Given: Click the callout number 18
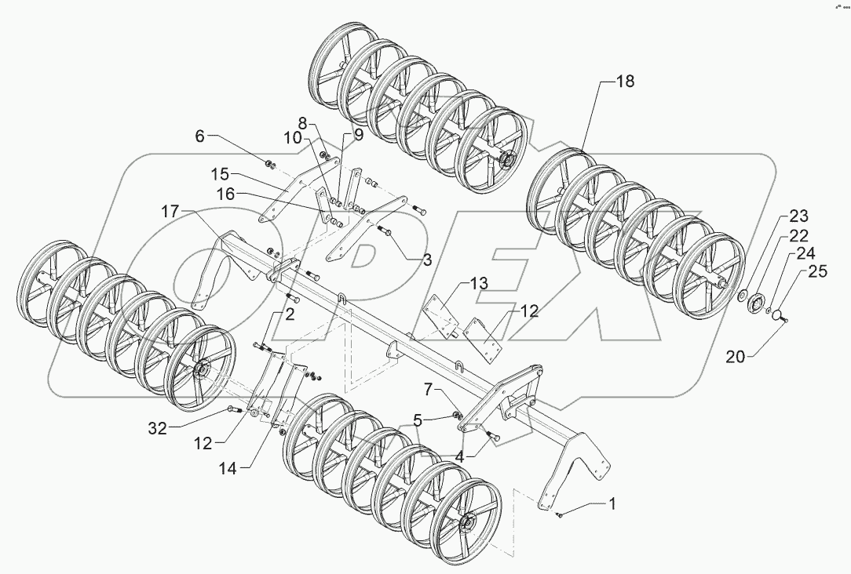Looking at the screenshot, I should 625,82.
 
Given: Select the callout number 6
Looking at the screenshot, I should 200,136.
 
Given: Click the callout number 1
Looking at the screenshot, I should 612,504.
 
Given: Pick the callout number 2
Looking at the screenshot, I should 289,315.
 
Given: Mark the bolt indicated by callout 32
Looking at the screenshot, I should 232,409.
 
